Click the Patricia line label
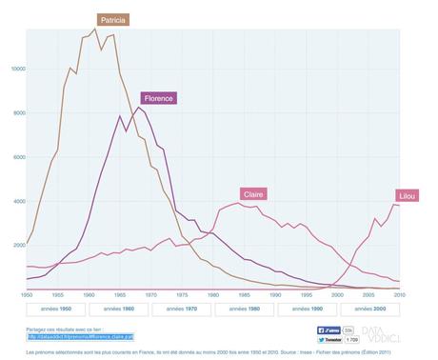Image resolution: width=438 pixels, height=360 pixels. point(113,19)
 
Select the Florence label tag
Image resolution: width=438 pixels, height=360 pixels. point(158,97)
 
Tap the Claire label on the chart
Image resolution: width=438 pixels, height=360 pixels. point(253,193)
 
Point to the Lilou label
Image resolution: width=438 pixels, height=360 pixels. point(407,195)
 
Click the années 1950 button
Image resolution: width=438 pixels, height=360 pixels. point(52,310)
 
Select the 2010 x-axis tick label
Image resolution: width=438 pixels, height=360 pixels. point(397,296)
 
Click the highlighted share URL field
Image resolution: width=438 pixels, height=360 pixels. point(80,336)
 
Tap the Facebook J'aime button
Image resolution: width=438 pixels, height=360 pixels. point(328,330)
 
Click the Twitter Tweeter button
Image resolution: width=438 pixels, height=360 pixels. point(328,339)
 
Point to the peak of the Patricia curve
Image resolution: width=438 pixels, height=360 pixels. point(95,28)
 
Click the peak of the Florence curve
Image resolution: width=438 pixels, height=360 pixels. point(139,108)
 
